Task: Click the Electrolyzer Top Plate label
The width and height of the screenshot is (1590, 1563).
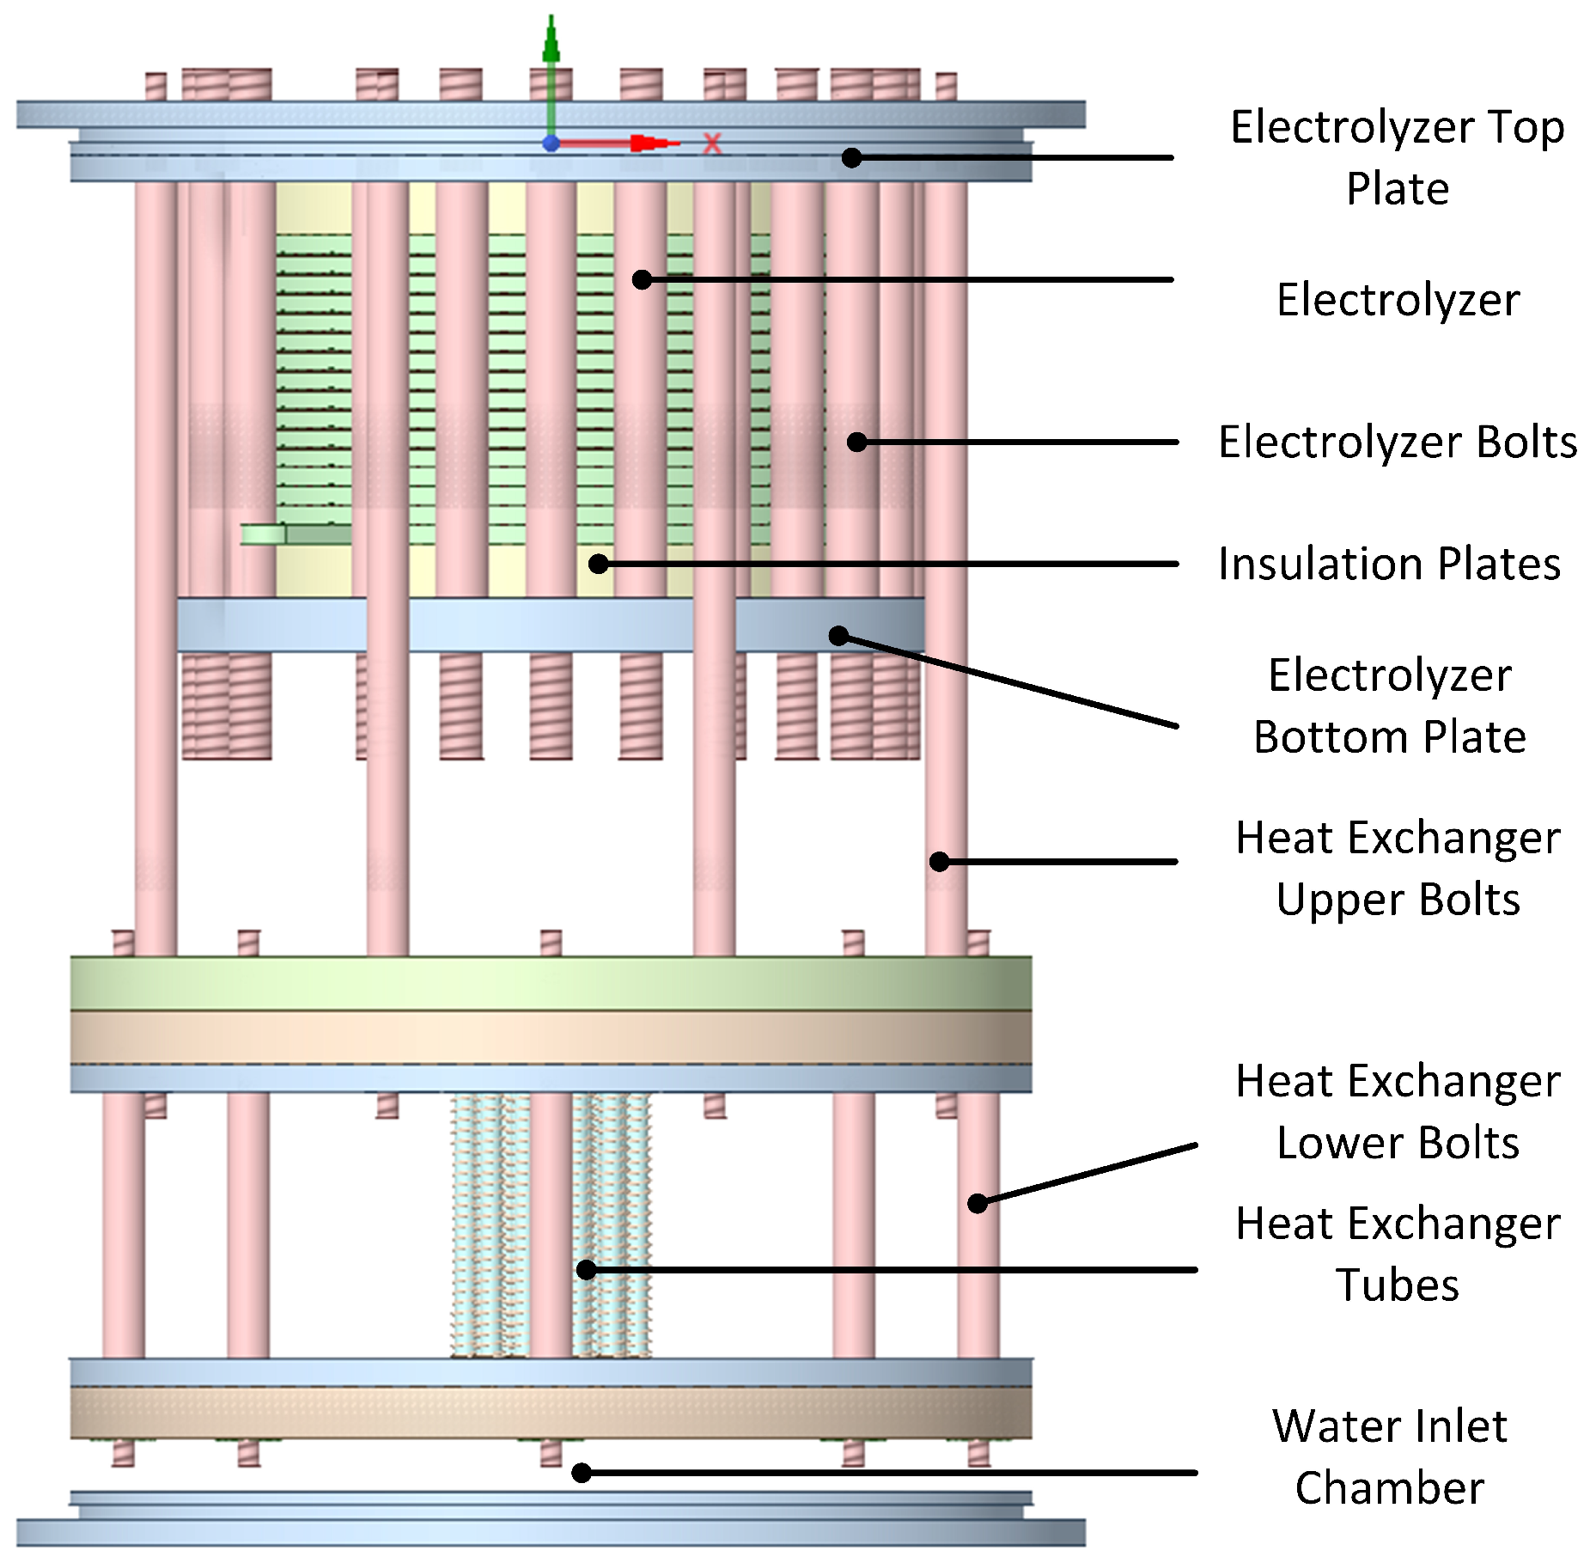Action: click(1397, 157)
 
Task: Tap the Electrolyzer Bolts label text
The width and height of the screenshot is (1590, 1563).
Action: click(1397, 442)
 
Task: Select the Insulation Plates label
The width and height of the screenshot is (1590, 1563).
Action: click(1388, 564)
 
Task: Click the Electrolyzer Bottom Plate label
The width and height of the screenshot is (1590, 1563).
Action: click(1389, 705)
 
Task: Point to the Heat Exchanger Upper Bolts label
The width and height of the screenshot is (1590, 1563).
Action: click(1397, 868)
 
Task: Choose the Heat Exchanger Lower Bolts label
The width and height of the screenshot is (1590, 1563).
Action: click(1397, 1111)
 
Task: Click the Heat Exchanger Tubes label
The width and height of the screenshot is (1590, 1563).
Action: click(1397, 1254)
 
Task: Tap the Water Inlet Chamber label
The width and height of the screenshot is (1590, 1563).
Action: click(1389, 1456)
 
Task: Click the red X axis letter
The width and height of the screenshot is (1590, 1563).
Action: click(711, 143)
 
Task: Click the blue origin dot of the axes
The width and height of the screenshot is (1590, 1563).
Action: click(551, 143)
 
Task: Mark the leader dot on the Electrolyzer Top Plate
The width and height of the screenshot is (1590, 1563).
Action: click(850, 157)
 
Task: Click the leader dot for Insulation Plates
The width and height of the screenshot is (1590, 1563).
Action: click(599, 564)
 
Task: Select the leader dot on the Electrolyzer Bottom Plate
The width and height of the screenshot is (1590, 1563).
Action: click(838, 636)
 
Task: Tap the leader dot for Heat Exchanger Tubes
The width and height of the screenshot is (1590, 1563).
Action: click(586, 1269)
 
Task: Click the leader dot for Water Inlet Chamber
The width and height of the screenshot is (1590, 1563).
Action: click(582, 1473)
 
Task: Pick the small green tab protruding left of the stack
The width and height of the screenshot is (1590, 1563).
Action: click(262, 534)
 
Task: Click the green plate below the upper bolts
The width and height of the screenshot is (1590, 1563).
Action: click(550, 983)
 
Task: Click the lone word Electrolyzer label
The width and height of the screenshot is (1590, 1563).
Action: click(1397, 300)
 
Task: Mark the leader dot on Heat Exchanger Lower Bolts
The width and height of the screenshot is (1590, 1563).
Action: click(977, 1203)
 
